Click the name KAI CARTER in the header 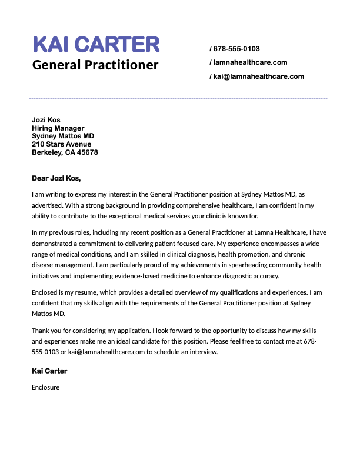click(96, 44)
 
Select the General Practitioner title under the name click(95, 64)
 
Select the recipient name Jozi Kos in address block click(46, 120)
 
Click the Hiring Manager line click(58, 128)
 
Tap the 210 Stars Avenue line click(61, 144)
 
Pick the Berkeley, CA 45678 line click(65, 152)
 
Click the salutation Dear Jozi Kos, click(56, 178)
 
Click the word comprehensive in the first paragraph click(191, 205)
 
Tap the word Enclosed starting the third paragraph click(46, 292)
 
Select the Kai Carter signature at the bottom click(49, 371)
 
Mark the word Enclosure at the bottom click(46, 387)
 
